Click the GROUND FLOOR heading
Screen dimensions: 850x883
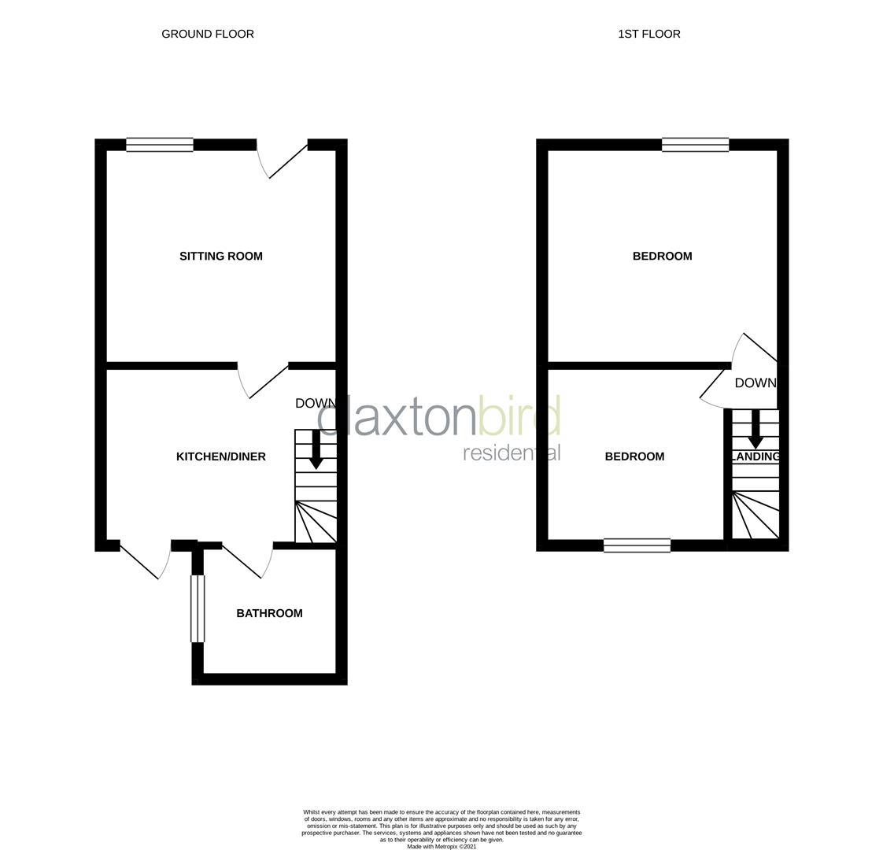208,34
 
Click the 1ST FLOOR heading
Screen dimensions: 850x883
648,34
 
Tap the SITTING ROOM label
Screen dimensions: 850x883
221,256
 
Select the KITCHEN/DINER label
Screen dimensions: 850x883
221,456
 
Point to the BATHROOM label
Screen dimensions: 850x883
269,613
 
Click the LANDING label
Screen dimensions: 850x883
756,456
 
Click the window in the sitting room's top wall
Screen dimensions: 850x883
160,145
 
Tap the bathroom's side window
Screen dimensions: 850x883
198,608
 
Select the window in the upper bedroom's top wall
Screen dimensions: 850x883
695,145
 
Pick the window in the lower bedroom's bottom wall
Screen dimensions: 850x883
637,545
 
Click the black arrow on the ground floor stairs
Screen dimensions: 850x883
316,449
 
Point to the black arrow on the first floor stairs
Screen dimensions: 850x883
755,430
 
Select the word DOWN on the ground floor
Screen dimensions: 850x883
315,403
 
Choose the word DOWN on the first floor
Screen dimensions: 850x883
755,383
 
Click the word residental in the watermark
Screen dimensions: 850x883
512,453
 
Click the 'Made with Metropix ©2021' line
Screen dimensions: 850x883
441,846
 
